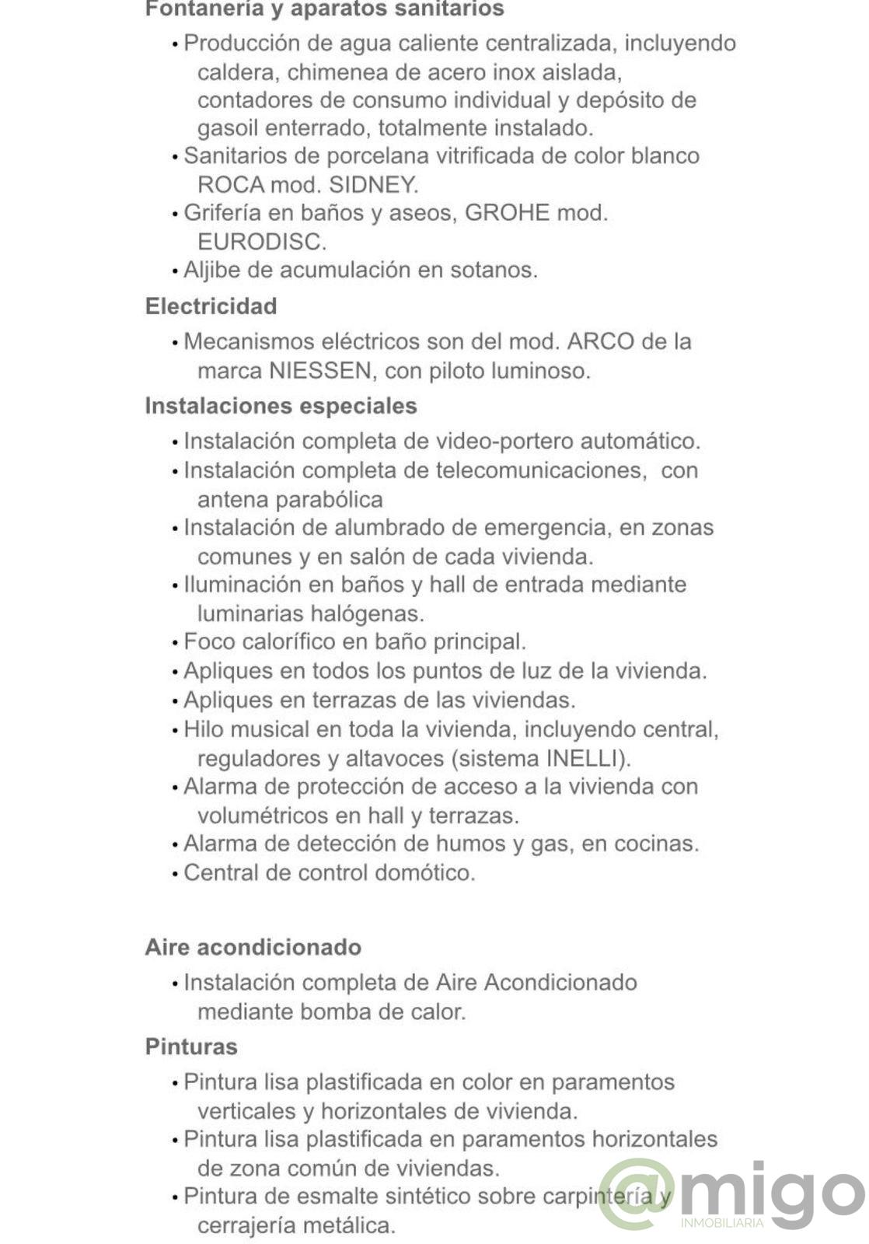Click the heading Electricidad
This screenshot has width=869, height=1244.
pyautogui.click(x=211, y=306)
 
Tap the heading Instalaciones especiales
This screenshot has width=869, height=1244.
pyautogui.click(x=281, y=406)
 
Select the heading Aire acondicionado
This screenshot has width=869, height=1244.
pyautogui.click(x=253, y=947)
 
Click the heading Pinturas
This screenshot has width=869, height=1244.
pyautogui.click(x=191, y=1047)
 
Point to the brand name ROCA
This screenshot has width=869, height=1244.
pyautogui.click(x=231, y=185)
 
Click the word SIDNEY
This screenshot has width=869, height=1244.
pyautogui.click(x=374, y=185)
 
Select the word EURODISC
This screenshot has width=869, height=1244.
pyautogui.click(x=261, y=242)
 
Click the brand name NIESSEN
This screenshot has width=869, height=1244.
pyautogui.click(x=320, y=371)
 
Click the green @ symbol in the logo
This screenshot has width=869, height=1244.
pyautogui.click(x=636, y=1194)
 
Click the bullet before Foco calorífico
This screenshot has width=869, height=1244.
pyautogui.click(x=175, y=643)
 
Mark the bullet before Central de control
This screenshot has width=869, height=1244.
pyautogui.click(x=175, y=874)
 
